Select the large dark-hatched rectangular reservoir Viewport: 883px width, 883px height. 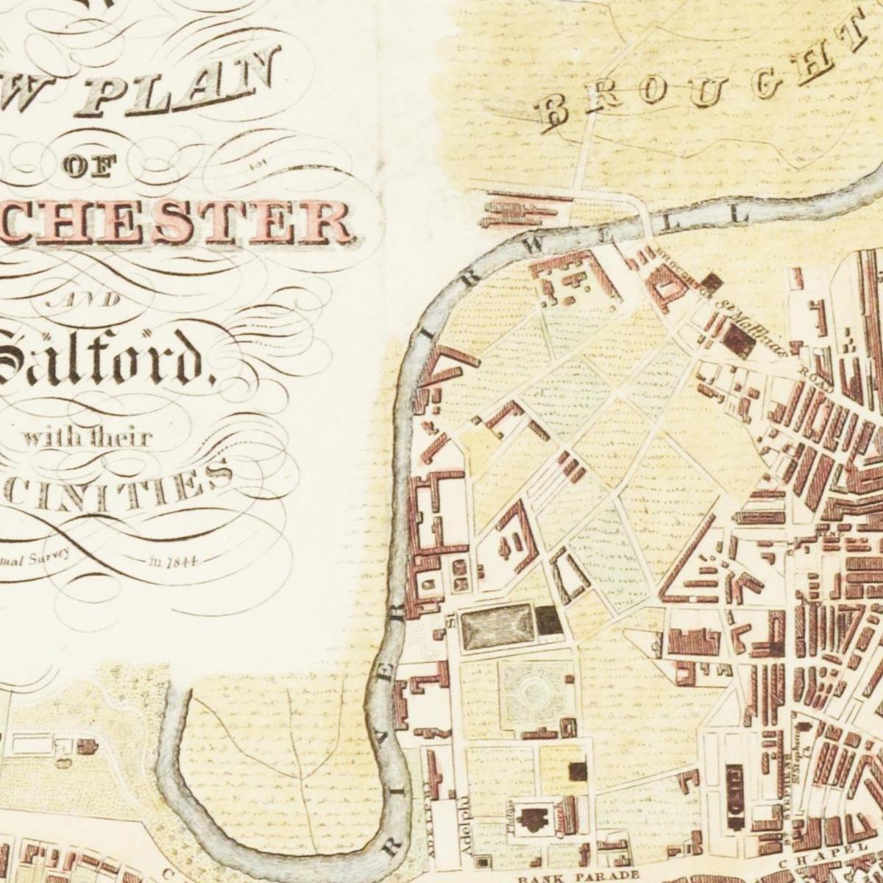[x=498, y=625]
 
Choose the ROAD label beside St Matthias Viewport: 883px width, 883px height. [x=817, y=376]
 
